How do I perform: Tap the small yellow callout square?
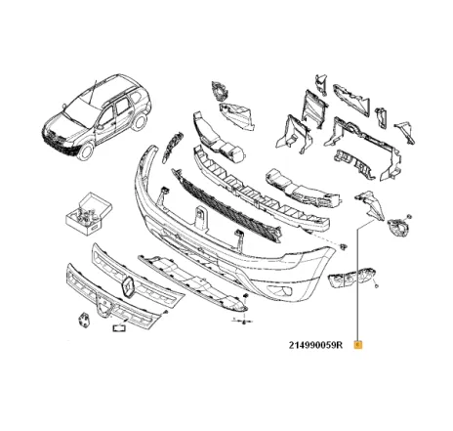click(x=358, y=344)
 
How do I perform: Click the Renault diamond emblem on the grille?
click(x=128, y=284)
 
